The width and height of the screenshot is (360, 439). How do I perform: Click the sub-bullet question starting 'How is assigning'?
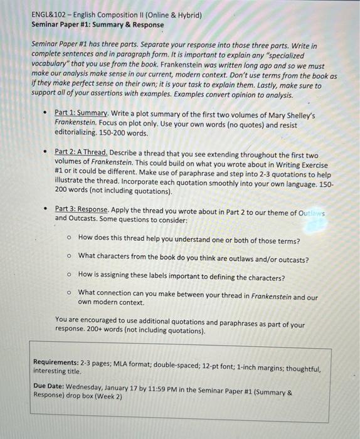coord(181,277)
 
